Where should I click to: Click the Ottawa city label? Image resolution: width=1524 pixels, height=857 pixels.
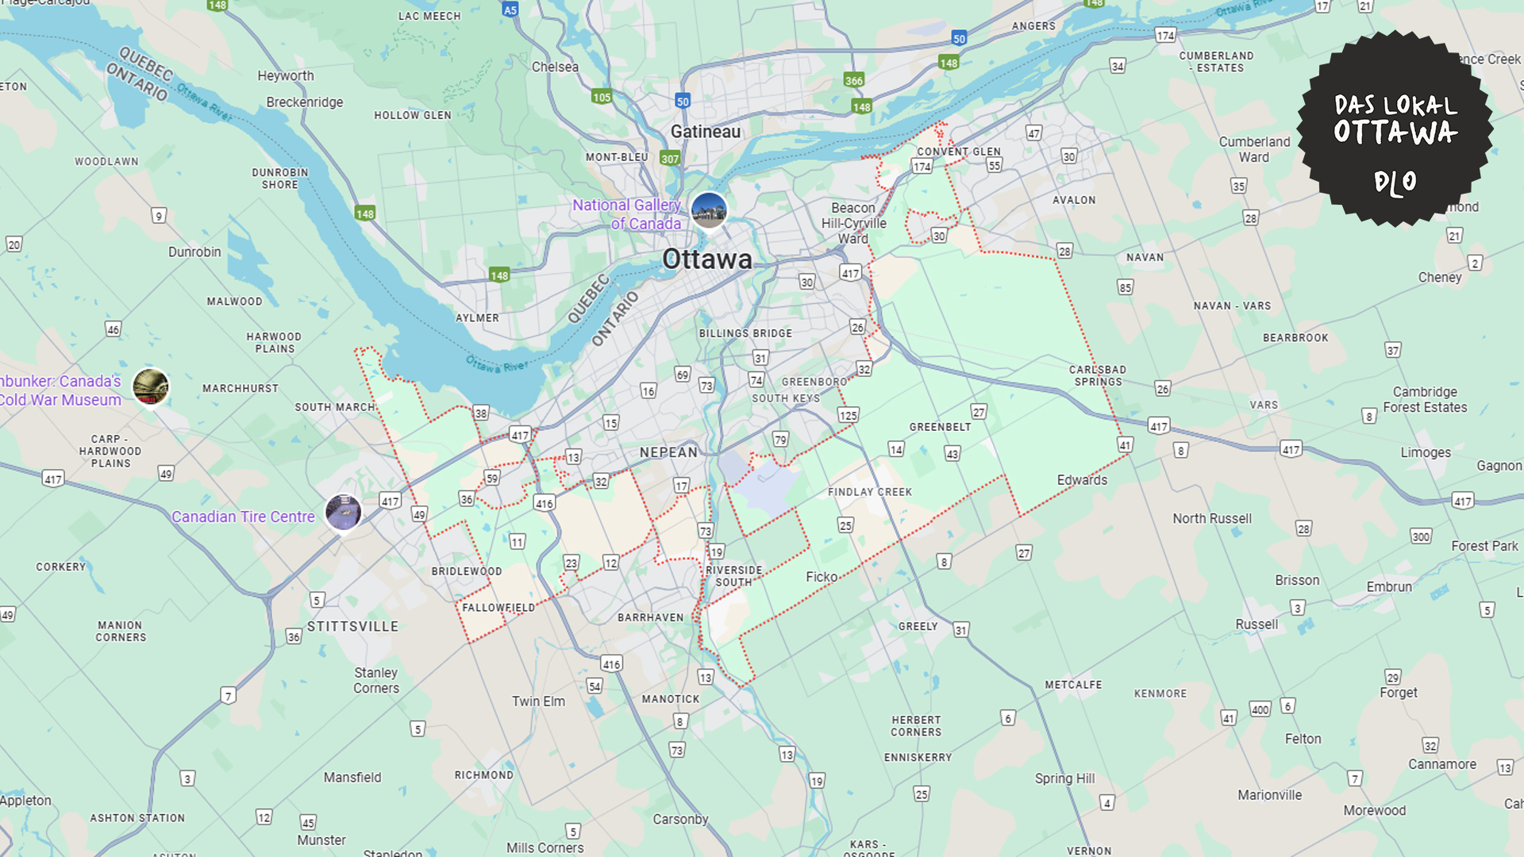706,259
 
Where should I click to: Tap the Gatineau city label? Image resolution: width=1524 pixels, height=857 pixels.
705,132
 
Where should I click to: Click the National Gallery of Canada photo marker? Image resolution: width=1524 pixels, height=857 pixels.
709,210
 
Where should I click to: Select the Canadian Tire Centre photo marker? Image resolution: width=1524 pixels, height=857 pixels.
343,513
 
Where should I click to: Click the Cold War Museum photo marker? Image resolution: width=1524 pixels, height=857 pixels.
150,387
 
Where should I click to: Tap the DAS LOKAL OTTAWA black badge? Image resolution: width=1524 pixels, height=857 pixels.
1395,129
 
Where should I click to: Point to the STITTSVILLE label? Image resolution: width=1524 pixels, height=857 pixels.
352,627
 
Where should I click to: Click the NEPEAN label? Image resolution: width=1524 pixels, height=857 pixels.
668,452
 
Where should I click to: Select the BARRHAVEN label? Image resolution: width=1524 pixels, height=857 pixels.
650,617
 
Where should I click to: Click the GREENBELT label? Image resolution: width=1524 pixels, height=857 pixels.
940,427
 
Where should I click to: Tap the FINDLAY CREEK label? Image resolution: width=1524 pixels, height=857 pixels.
869,492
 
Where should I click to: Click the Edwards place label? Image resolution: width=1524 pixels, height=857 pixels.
1081,480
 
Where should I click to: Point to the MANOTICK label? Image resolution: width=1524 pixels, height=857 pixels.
671,699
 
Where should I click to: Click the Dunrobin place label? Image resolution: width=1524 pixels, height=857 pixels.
194,252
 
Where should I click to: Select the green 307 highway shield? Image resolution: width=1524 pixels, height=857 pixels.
670,159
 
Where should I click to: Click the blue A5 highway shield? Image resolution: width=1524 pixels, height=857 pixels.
510,10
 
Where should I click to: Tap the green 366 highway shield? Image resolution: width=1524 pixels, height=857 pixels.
853,80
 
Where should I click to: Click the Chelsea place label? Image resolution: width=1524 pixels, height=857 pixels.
555,67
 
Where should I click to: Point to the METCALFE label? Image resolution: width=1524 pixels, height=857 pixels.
1073,685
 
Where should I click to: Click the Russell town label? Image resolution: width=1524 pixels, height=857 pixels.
1256,624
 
